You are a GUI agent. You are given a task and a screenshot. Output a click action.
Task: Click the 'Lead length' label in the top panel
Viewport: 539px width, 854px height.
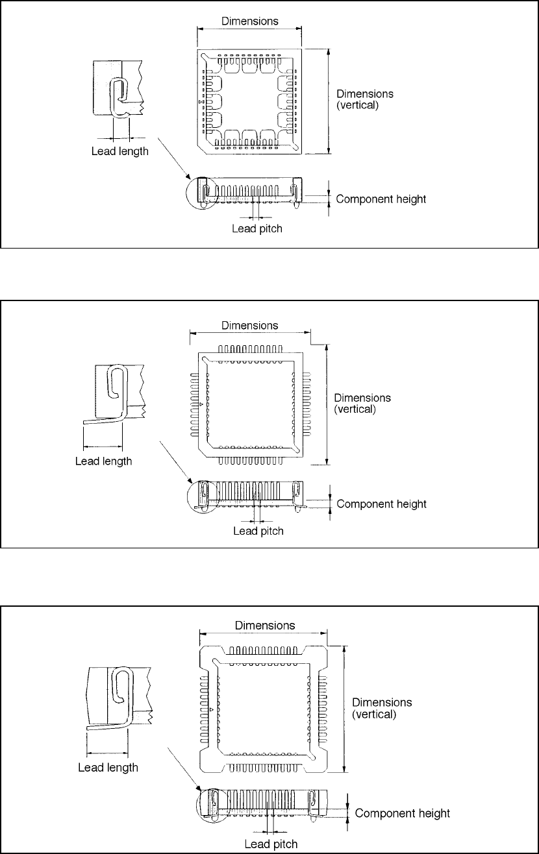tap(119, 152)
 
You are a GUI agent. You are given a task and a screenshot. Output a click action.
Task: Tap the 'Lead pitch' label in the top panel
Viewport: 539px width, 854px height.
tap(258, 228)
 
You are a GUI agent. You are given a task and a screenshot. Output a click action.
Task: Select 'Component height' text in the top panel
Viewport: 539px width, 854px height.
tap(381, 199)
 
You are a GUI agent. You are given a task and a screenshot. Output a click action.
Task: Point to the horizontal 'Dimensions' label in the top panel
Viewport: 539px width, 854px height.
tap(250, 21)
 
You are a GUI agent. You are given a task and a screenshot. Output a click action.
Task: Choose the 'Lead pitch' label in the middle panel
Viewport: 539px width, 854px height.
tap(258, 531)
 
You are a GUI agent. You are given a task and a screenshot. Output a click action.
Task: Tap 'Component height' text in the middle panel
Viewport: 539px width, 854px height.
tap(382, 504)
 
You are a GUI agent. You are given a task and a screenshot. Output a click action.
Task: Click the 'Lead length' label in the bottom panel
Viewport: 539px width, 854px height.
tap(108, 768)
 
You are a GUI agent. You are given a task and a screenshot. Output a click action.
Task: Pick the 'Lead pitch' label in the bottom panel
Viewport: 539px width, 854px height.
tap(271, 844)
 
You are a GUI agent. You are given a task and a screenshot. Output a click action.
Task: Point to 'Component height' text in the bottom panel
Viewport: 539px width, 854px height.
tap(403, 813)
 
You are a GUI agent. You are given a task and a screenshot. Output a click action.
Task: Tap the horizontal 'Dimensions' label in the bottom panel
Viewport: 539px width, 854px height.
tap(265, 626)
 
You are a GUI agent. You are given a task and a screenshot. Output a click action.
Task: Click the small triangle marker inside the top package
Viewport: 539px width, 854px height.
tap(202, 103)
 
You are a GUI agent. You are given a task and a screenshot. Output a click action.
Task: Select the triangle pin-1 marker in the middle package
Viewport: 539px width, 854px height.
tap(201, 404)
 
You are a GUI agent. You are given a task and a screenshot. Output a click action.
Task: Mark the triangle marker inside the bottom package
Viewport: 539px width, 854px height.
tap(212, 711)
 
